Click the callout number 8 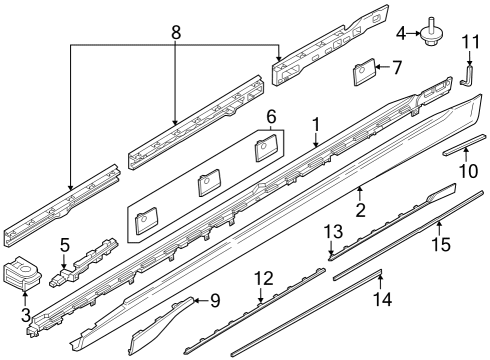(x=176, y=32)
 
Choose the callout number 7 (x=396, y=68)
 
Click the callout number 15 (x=440, y=243)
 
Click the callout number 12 (x=262, y=277)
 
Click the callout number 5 (x=65, y=244)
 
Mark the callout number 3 (x=25, y=315)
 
